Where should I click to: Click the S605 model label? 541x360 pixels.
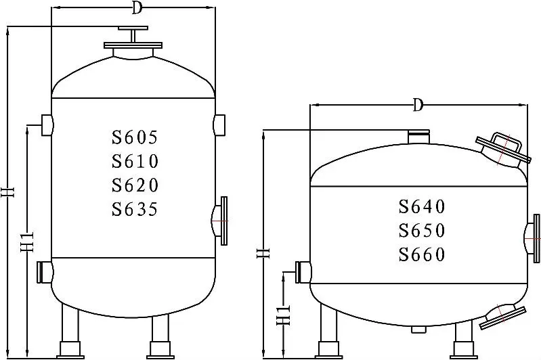coord(135,137)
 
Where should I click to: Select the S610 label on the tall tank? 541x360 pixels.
coord(135,161)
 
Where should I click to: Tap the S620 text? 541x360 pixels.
coord(135,185)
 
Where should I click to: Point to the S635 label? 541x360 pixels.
coord(135,209)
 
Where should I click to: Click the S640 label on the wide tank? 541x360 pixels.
coord(422,206)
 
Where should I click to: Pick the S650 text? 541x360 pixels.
coord(422,230)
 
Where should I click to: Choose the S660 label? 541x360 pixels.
coord(422,254)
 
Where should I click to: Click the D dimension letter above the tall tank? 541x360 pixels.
coord(137,7)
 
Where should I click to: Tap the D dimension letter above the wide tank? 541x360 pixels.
coord(418,104)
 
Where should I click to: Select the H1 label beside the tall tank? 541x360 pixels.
coord(28,241)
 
